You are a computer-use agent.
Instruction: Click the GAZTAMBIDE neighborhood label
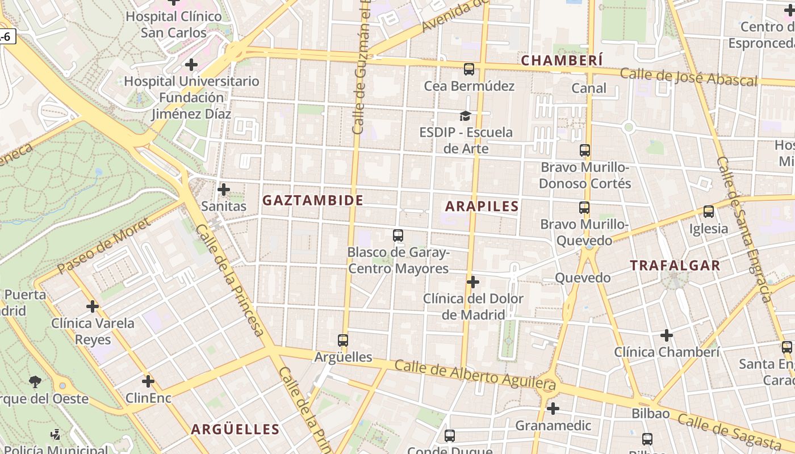click(x=312, y=200)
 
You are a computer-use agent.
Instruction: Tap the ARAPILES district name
click(x=482, y=206)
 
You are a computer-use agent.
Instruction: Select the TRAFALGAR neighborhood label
click(x=675, y=265)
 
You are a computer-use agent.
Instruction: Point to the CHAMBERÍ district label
click(x=562, y=60)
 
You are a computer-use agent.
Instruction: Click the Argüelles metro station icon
click(x=342, y=340)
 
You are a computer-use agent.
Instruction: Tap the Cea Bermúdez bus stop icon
click(x=468, y=69)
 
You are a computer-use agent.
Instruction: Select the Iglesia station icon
click(x=708, y=212)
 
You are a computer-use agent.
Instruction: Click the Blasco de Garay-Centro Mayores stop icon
click(x=397, y=235)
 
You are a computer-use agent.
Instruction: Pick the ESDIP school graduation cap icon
click(x=465, y=116)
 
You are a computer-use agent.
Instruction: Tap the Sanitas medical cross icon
click(x=224, y=189)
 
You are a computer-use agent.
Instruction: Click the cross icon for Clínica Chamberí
click(x=666, y=335)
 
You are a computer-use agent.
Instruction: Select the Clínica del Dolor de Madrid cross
click(x=472, y=281)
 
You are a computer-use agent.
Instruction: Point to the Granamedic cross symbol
click(x=553, y=408)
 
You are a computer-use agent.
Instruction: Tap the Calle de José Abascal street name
click(x=688, y=77)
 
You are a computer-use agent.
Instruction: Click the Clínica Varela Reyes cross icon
click(x=92, y=306)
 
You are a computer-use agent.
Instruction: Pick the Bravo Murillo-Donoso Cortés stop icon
click(x=584, y=150)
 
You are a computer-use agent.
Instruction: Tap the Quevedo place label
click(x=582, y=278)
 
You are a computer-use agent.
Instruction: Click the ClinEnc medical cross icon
click(x=148, y=381)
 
